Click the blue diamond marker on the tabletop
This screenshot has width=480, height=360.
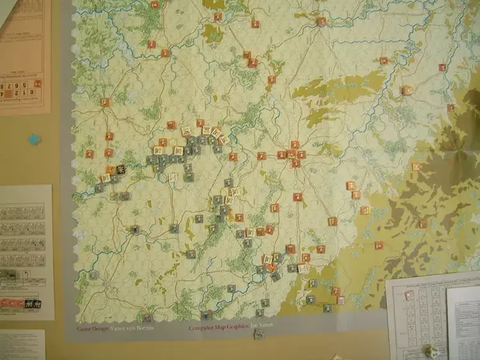coord(35,139)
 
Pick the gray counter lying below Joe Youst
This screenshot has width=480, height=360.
coord(259,334)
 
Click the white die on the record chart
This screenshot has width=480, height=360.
coord(431,351)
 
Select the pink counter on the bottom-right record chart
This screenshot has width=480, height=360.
coord(408,294)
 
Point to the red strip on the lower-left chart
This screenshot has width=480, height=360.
coord(11,303)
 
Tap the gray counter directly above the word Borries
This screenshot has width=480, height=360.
coord(147,317)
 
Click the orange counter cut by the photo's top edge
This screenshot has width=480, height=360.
coord(156,4)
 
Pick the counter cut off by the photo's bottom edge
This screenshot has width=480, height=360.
coord(336,357)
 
